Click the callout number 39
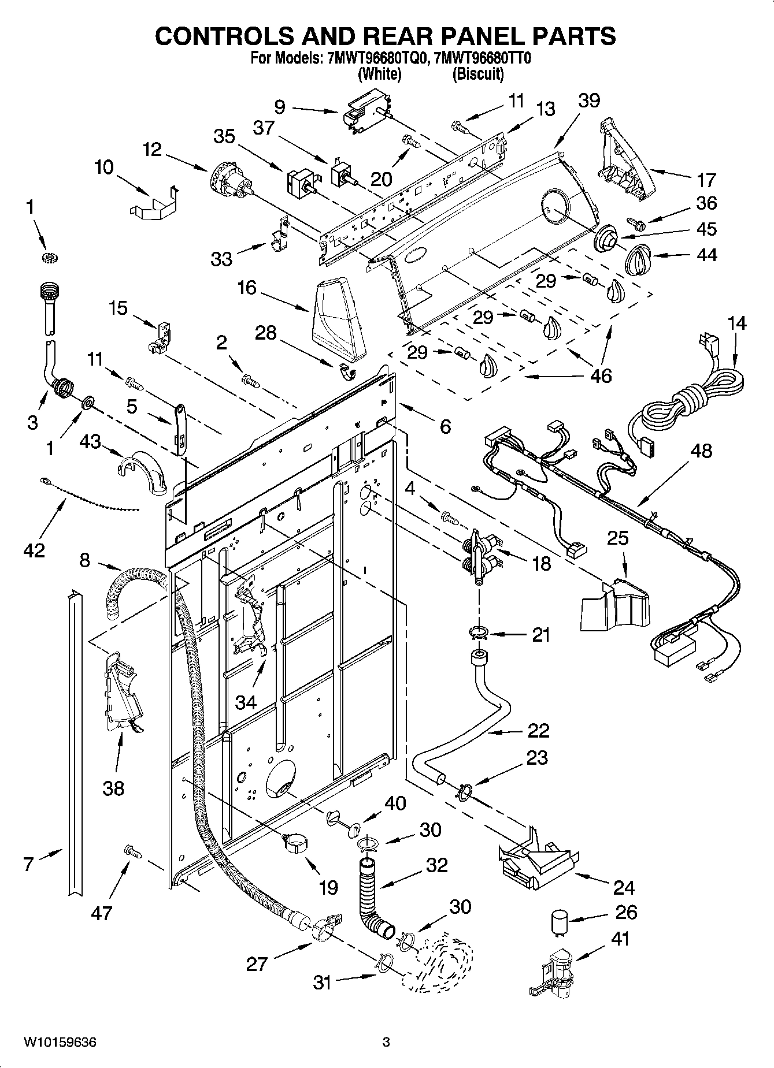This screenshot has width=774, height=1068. (589, 101)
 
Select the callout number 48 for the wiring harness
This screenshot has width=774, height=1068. (701, 451)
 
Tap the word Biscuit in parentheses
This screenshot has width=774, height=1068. (477, 74)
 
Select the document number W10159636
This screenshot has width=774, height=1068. (60, 1043)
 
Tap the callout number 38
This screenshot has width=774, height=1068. (113, 788)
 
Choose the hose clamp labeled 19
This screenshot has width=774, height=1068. (294, 843)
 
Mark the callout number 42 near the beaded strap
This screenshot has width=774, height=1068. (34, 550)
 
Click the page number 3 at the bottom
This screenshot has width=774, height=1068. (386, 1043)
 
